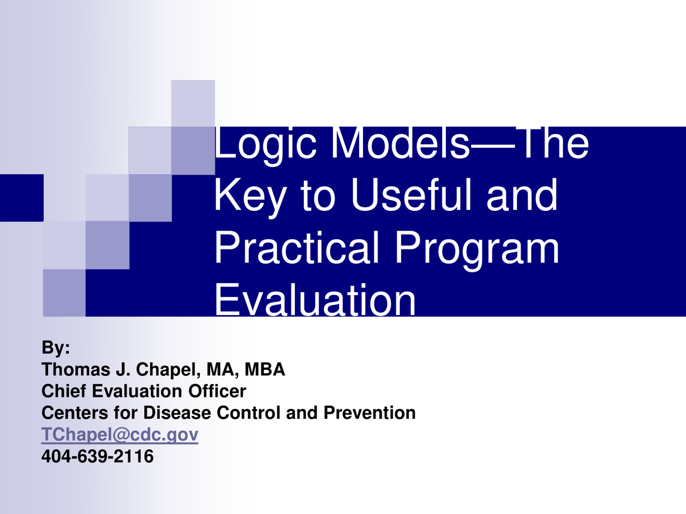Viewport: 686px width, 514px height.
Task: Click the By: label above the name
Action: tap(56, 348)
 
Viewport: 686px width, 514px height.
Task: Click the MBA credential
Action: tap(265, 369)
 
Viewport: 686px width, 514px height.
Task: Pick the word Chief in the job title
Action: tap(64, 391)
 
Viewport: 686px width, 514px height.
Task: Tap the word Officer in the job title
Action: tap(217, 391)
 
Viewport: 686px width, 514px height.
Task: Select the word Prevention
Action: tap(370, 413)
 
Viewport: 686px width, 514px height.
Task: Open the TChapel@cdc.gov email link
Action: tap(120, 435)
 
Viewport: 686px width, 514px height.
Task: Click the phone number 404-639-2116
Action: tap(97, 456)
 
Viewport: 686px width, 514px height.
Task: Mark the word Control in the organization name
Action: tap(249, 413)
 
